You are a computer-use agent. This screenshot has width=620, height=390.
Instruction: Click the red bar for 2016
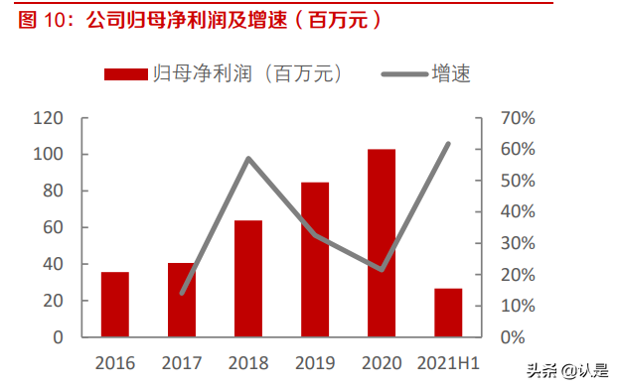pos(114,305)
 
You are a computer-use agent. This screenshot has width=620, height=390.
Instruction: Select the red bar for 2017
pos(181,300)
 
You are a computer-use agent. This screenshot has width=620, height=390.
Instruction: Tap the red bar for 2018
pos(247,279)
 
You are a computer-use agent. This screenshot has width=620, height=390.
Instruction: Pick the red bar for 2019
pos(315,260)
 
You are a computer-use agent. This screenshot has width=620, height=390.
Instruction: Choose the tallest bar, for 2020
pos(382,243)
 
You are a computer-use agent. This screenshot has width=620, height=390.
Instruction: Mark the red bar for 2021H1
pos(448,313)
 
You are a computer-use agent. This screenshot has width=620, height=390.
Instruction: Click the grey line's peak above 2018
pos(247,159)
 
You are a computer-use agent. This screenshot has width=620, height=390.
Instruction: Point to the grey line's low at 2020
pos(382,270)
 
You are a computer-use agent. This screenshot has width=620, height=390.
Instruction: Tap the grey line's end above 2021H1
pos(448,144)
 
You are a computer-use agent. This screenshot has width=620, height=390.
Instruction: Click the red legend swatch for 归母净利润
pos(126,73)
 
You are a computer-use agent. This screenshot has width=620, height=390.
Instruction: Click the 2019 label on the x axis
pos(315,363)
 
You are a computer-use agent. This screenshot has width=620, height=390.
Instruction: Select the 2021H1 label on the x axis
pos(448,363)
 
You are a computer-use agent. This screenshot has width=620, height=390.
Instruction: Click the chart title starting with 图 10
pos(199,19)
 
